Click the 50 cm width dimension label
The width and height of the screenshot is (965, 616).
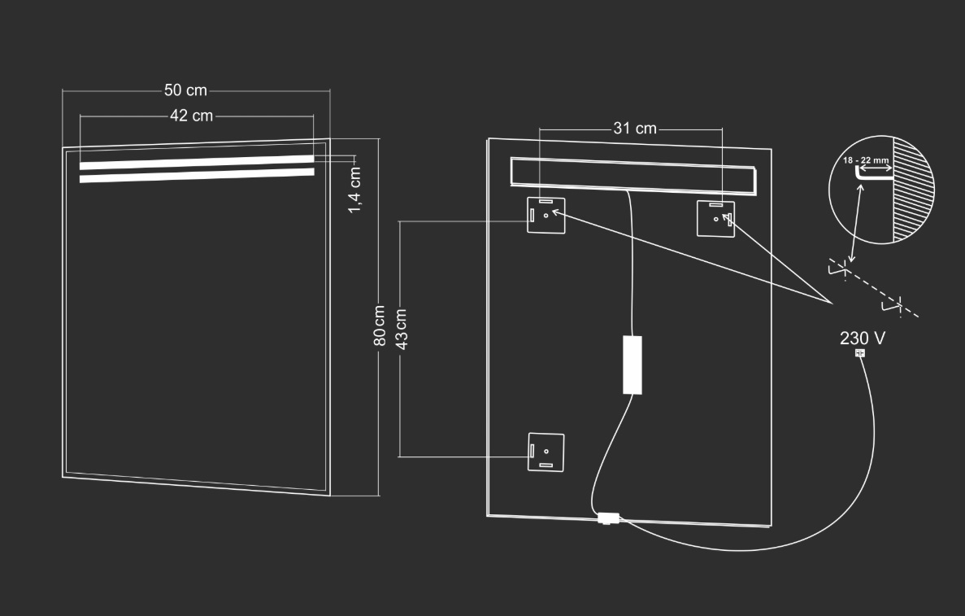point(185,90)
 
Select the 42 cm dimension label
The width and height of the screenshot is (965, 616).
point(191,116)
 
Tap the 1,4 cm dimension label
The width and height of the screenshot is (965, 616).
point(355,190)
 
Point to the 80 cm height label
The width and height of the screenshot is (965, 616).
point(380,325)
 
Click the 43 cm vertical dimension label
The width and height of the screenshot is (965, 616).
point(402,329)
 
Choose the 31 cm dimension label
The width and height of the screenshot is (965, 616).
point(635,128)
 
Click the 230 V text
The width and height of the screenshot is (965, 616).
point(863,339)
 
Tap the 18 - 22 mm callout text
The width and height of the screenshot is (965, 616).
point(866,160)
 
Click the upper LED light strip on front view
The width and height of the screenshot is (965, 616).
point(197,162)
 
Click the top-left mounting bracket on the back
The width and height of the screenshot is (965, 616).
point(546,216)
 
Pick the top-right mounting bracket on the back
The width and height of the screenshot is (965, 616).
point(715,219)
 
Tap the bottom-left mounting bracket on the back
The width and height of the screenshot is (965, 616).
point(546,452)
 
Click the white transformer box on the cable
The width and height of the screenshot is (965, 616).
point(632,365)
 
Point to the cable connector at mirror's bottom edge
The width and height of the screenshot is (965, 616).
point(609,518)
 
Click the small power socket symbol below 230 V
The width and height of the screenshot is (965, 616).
point(860,353)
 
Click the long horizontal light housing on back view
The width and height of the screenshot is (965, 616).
point(632,176)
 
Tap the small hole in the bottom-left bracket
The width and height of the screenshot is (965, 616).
point(546,452)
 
